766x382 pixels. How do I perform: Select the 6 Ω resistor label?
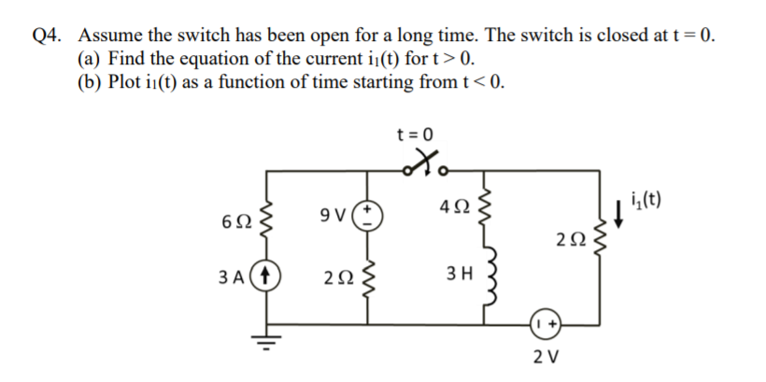(x=236, y=223)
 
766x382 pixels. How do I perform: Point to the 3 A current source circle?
(x=270, y=279)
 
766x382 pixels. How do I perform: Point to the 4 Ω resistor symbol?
(x=483, y=206)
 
